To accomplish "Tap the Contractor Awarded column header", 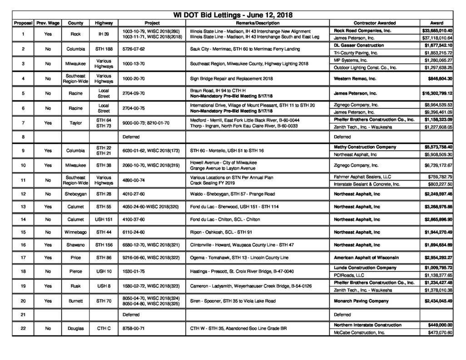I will coord(374,23).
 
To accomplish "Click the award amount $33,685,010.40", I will coord(437,30).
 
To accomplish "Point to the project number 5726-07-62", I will coord(136,49).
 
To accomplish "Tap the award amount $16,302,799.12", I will coord(437,94).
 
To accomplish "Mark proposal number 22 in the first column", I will coord(23,329).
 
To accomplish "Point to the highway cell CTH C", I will coord(104,329).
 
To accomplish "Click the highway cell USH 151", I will coord(104,220).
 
